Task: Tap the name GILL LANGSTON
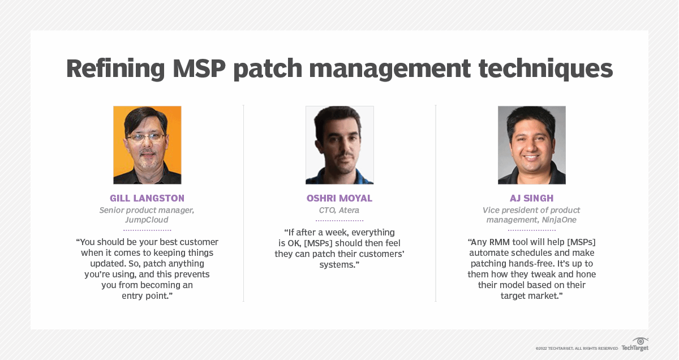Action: tap(147, 198)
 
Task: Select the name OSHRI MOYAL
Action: tap(339, 198)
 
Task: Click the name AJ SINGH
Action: tap(531, 198)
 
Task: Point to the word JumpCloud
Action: tap(147, 220)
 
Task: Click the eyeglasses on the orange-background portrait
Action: tap(146, 137)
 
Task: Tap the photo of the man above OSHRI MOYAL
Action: tap(339, 145)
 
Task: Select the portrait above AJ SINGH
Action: tap(531, 145)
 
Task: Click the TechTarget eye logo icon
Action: tap(641, 341)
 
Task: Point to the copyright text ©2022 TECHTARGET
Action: tap(560, 348)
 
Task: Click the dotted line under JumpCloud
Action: tap(147, 230)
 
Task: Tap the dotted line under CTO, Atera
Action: tap(339, 221)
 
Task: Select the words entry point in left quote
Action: tap(147, 296)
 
